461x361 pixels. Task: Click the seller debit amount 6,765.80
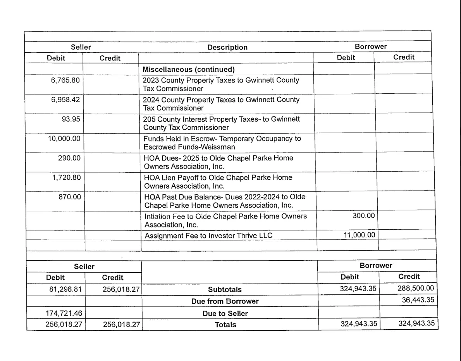click(65, 80)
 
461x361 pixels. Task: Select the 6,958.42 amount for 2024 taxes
click(65, 100)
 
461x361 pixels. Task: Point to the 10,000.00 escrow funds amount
click(64, 138)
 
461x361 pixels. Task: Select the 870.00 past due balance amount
click(70, 197)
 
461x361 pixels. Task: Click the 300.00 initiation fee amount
click(363, 216)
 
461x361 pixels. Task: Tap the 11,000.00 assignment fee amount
click(359, 235)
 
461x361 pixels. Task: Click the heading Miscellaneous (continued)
click(189, 69)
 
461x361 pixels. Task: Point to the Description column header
click(227, 47)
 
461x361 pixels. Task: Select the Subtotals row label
click(225, 289)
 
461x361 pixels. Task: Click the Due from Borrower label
click(225, 301)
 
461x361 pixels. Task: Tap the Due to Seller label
click(225, 313)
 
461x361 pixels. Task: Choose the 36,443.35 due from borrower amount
click(418, 300)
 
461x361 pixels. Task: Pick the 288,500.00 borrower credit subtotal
click(416, 288)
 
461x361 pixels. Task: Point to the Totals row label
click(225, 325)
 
